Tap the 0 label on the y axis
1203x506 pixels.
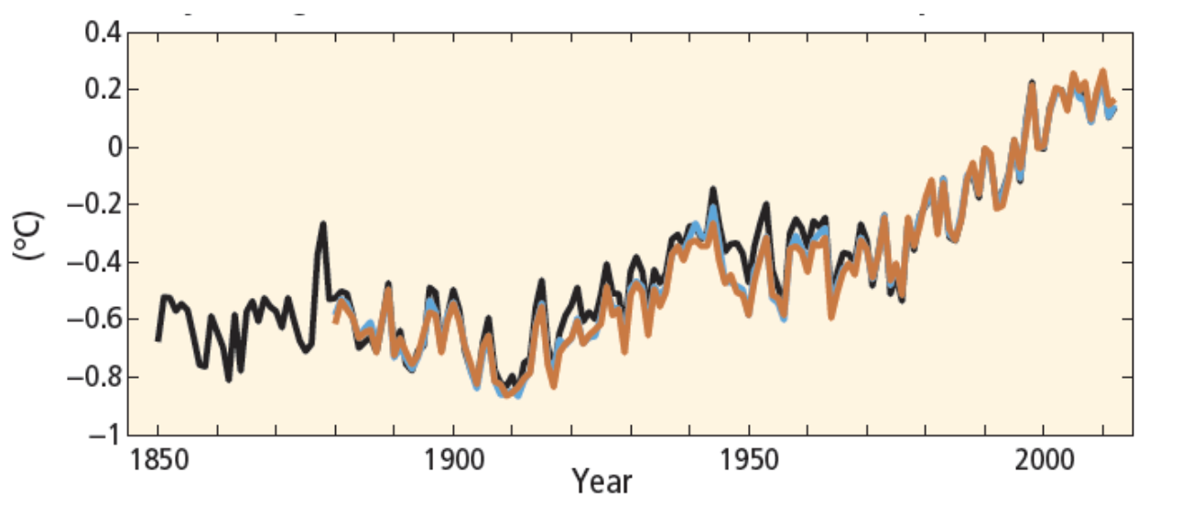(111, 148)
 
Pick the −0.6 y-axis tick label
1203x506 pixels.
(92, 320)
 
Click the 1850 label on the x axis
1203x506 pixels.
(157, 459)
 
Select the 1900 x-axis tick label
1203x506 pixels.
(453, 459)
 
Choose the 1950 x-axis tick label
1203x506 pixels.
(749, 459)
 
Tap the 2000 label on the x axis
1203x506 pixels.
(1045, 459)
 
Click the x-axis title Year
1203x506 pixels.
(601, 481)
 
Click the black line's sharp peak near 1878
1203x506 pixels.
(323, 224)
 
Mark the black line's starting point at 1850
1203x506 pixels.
(157, 339)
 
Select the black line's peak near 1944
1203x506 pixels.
(712, 190)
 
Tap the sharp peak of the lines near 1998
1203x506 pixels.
(1032, 83)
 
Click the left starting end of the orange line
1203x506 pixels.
(335, 320)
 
